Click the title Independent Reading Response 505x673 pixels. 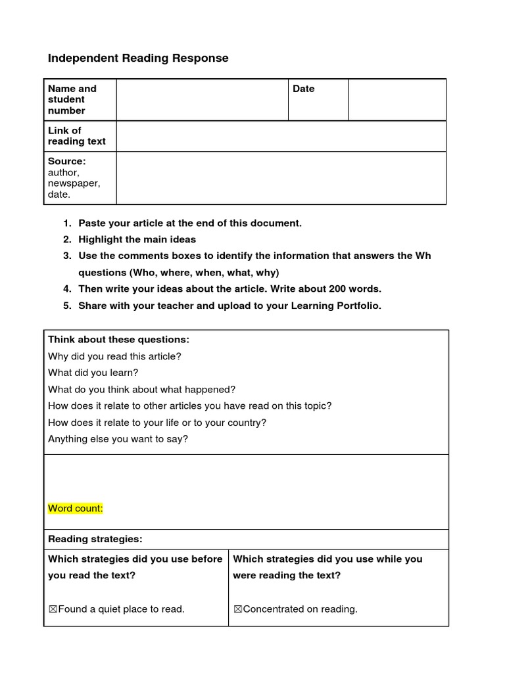tap(138, 58)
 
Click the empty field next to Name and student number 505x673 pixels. tap(202, 100)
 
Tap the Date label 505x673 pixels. tap(304, 89)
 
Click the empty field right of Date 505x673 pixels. tap(397, 100)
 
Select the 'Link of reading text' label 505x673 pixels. tap(76, 135)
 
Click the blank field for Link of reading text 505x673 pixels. tap(281, 136)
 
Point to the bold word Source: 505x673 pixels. tap(66, 161)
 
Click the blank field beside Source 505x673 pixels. tap(281, 178)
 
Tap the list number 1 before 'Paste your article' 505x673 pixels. tap(67, 223)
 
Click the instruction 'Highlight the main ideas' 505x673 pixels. tap(137, 239)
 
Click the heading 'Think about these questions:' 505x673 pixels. tap(118, 339)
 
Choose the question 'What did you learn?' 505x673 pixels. tap(93, 373)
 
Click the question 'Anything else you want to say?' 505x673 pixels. tap(118, 439)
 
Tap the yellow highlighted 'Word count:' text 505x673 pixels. tap(76, 508)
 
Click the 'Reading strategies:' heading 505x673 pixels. tap(95, 539)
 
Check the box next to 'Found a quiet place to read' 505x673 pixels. tap(53, 609)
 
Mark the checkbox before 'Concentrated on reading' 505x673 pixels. tap(238, 609)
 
